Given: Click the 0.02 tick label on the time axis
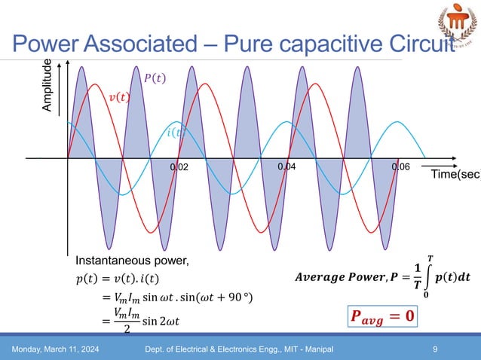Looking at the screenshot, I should click(179, 167).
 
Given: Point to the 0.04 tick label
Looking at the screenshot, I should click(288, 166).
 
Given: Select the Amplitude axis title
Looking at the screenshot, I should click(47, 87).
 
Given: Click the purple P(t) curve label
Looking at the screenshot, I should click(155, 77).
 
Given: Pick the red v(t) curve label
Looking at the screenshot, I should click(118, 96).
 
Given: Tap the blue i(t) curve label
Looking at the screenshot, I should click(175, 133).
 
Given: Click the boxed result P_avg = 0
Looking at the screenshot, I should click(381, 312).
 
